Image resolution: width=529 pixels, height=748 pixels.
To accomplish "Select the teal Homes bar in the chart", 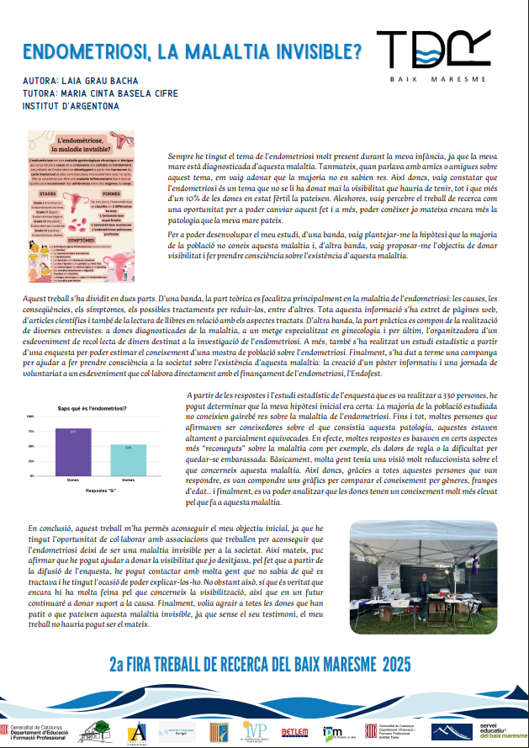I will coord(129,459).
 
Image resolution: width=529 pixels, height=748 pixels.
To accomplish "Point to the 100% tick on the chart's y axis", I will coord(31,416).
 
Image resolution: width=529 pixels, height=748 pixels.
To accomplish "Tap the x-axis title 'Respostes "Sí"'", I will coord(100,488).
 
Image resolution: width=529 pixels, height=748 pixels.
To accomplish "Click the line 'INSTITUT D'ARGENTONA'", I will coord(72,106).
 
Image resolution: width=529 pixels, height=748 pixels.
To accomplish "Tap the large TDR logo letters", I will coord(432,49).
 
